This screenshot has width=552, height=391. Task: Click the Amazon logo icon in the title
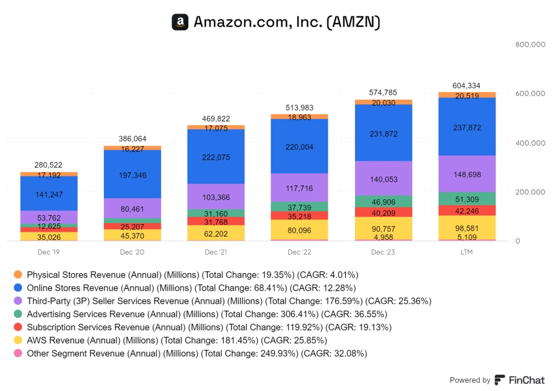coord(180,22)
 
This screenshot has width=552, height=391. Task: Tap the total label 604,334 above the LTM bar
coord(466,86)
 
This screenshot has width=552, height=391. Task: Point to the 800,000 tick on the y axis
coord(529,44)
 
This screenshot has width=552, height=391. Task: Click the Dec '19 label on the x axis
coord(49,252)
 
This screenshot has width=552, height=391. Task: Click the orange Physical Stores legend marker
coord(18,275)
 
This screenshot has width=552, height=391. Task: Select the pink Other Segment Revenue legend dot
coord(18,354)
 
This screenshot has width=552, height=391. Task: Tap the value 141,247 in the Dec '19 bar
coord(49,195)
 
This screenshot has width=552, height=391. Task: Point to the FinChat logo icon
coord(500,380)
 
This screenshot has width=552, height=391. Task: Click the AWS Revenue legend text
coord(177,340)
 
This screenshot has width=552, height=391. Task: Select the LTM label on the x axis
coord(466,252)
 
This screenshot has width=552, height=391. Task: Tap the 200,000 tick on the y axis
coord(529,192)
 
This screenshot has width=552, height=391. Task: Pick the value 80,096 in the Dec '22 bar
coord(299,231)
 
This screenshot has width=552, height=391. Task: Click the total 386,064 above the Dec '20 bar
coord(133,139)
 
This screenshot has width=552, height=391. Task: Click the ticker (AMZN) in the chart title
coord(353,22)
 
